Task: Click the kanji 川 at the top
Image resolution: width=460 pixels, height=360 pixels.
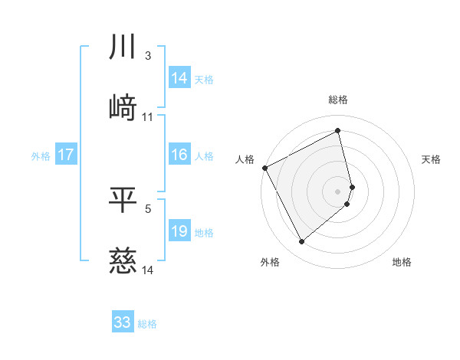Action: coord(123,47)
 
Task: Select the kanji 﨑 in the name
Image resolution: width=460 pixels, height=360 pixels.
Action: coord(123,106)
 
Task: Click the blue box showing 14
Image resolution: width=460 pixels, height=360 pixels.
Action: coord(179,78)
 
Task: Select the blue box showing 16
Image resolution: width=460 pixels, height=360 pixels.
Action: coord(179,155)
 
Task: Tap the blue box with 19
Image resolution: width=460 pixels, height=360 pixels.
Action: coord(179,232)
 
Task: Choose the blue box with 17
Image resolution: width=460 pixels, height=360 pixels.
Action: coord(66,155)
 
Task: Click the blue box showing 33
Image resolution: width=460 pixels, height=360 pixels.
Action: coord(123,323)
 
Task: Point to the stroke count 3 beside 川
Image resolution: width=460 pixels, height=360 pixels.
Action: coord(148,57)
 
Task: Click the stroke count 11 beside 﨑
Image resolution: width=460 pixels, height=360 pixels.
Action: coord(148,117)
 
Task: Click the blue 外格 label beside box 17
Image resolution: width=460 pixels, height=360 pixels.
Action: coord(41,156)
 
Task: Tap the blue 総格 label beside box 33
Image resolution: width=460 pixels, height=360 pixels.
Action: coord(147,324)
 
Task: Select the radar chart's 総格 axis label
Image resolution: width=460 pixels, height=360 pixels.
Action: coord(338,100)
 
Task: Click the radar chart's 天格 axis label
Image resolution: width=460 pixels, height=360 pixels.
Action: coord(431,159)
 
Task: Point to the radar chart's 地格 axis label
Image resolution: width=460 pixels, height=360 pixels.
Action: coord(402,262)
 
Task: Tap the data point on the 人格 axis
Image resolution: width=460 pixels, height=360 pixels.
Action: coord(264,167)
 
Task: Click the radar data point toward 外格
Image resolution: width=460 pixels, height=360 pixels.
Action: coord(301,242)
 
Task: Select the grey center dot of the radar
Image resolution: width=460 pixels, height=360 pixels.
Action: coord(338,190)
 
